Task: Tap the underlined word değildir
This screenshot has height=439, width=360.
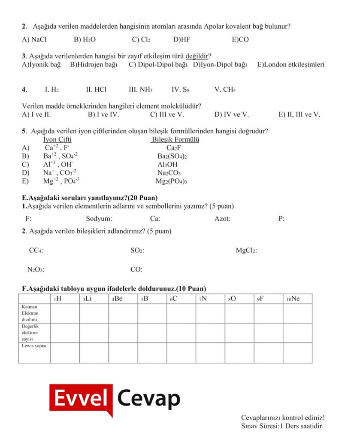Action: click(197, 56)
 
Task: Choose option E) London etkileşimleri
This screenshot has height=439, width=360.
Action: click(290, 65)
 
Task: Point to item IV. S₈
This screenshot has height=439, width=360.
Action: click(180, 90)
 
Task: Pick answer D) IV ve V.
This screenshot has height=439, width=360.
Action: click(231, 114)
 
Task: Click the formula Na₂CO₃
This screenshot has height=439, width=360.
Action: click(169, 173)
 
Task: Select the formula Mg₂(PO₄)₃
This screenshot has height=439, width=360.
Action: click(171, 181)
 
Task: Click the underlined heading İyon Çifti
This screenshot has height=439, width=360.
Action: click(57, 140)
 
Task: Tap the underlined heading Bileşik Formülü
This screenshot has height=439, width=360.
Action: click(175, 140)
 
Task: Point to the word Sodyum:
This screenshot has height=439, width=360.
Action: click(99, 219)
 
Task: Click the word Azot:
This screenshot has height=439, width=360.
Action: click(222, 219)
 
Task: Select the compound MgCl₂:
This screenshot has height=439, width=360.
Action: click(246, 250)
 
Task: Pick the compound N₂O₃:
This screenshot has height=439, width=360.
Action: click(36, 270)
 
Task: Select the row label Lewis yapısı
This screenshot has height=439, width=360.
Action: click(34, 346)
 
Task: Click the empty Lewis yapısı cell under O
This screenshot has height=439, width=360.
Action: click(239, 352)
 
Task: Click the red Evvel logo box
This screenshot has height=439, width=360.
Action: click(81, 399)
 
